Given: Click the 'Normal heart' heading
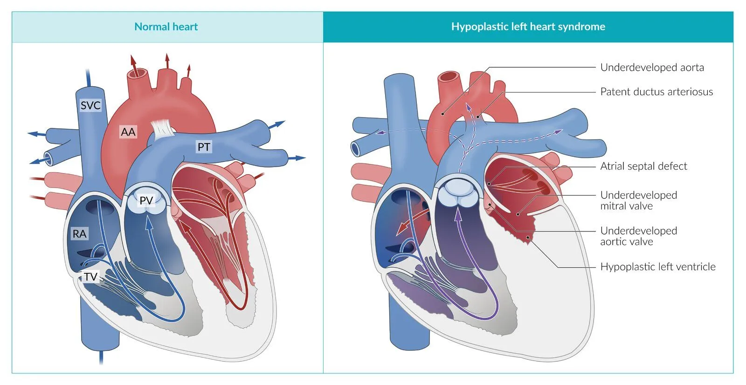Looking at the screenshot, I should pyautogui.click(x=166, y=27).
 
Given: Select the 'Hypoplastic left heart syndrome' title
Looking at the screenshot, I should pyautogui.click(x=528, y=27).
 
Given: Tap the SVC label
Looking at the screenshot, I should pyautogui.click(x=90, y=105).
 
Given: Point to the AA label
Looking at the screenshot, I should pyautogui.click(x=128, y=132).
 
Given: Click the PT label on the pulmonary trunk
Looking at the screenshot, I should pyautogui.click(x=204, y=147).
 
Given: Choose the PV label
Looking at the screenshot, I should pyautogui.click(x=146, y=200).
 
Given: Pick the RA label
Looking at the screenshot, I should pyautogui.click(x=79, y=233).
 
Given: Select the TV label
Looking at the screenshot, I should pyautogui.click(x=90, y=277).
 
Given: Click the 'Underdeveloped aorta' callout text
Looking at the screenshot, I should pyautogui.click(x=652, y=67).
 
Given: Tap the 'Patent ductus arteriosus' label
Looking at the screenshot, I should pyautogui.click(x=656, y=91).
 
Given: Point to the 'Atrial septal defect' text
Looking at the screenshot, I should pyautogui.click(x=643, y=166).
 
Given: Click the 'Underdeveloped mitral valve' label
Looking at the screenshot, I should pyautogui.click(x=638, y=200).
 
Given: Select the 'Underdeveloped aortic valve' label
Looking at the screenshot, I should pyautogui.click(x=638, y=236).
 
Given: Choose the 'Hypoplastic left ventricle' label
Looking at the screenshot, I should pyautogui.click(x=657, y=266).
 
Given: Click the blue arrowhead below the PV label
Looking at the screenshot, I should pyautogui.click(x=149, y=220).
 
